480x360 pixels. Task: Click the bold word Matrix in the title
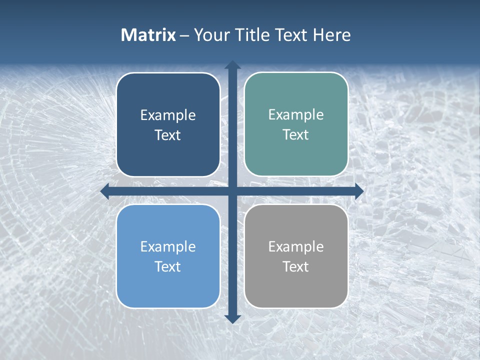tap(148, 35)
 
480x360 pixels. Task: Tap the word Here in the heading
tap(332, 35)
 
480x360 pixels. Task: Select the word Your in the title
tap(209, 35)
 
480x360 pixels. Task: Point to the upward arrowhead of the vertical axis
tap(232, 64)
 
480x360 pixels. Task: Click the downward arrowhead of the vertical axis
tap(232, 319)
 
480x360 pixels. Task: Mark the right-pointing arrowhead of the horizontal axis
tap(359, 191)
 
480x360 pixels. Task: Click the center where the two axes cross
tap(232, 191)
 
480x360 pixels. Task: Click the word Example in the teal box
tap(296, 115)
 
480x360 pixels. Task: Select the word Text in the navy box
tap(168, 135)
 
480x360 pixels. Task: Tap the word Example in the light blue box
tap(168, 246)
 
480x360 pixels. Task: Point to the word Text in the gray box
tap(296, 266)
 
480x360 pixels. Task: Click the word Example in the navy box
tap(168, 115)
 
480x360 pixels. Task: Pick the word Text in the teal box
tap(296, 135)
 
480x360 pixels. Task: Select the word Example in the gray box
tap(296, 246)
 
